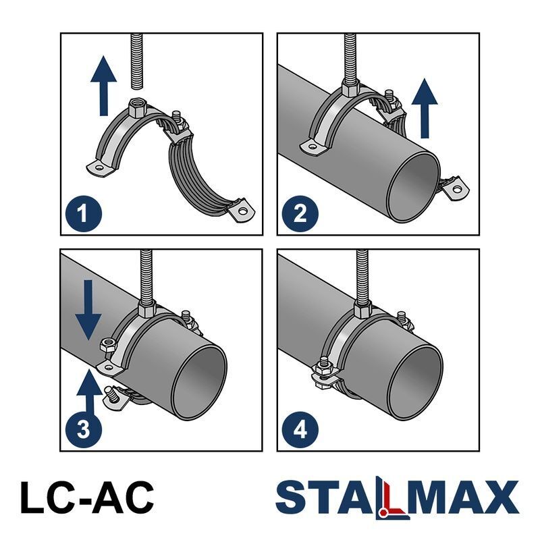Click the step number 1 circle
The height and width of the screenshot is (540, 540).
click(83, 213)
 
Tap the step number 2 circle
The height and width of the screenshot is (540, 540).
click(300, 213)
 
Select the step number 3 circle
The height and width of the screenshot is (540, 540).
click(83, 429)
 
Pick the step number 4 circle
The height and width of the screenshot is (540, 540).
click(300, 429)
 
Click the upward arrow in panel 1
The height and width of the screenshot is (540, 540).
click(104, 86)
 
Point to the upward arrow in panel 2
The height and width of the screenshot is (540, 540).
click(425, 108)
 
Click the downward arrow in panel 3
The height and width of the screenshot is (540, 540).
click(88, 310)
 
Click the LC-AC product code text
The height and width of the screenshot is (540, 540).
click(87, 497)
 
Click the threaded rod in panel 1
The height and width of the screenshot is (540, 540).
click(137, 61)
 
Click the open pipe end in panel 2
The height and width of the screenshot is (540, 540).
click(413, 187)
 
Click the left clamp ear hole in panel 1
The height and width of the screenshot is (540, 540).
click(100, 168)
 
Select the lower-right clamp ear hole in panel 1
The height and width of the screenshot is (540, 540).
click(244, 210)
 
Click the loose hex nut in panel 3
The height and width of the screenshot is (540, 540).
click(109, 344)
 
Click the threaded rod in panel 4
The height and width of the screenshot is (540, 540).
click(362, 275)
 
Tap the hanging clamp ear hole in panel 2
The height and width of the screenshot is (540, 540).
click(457, 189)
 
